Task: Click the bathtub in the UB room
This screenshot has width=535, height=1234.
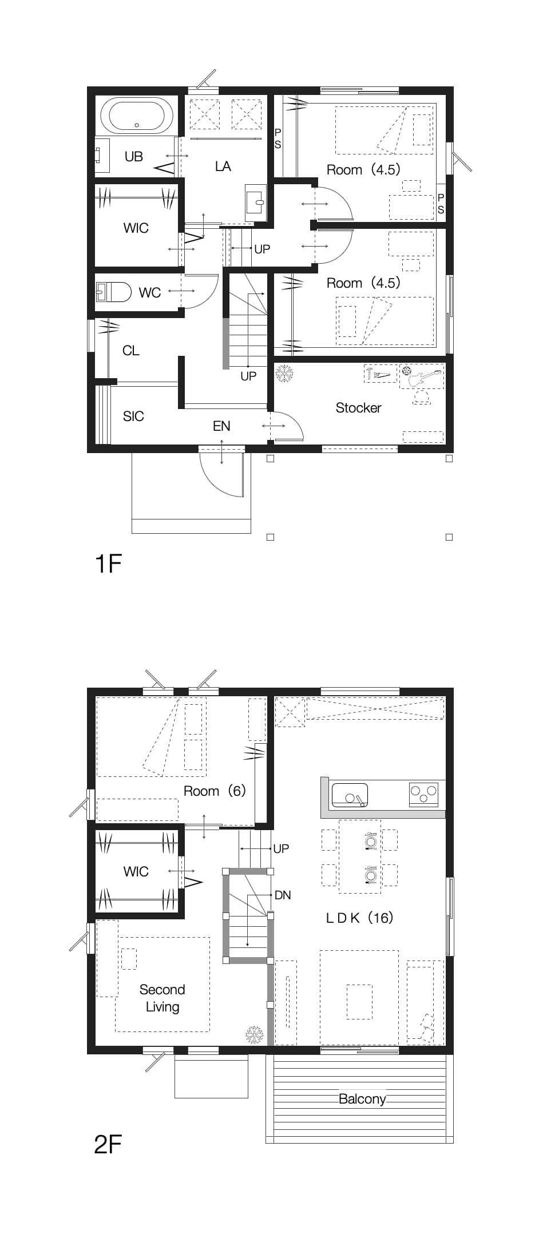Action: [x=137, y=116]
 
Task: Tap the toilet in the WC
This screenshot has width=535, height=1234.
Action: [x=113, y=292]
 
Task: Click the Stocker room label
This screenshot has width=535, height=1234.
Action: [x=358, y=408]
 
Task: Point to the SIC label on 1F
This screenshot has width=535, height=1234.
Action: [x=133, y=416]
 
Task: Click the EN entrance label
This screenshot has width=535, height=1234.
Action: [x=221, y=426]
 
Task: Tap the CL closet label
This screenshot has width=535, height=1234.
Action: [x=131, y=351]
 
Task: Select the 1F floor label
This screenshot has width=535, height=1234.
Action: [x=108, y=564]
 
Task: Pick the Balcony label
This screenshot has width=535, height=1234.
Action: [x=362, y=1100]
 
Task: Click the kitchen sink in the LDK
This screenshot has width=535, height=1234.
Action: [x=349, y=795]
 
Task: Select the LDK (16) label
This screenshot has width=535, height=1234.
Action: [x=359, y=918]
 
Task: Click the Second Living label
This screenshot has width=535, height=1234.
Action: [x=163, y=998]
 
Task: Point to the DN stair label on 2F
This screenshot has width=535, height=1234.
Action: [x=283, y=895]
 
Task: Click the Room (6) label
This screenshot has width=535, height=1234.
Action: [x=215, y=791]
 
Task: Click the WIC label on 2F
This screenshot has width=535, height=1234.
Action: [x=136, y=872]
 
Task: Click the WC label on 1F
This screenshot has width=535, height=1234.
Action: [x=150, y=293]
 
